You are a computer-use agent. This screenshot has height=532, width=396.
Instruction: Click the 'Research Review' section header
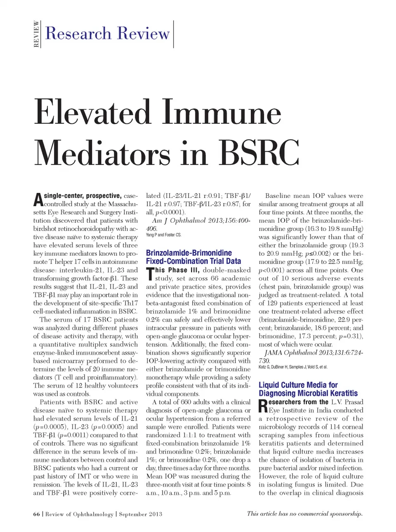click(x=107, y=33)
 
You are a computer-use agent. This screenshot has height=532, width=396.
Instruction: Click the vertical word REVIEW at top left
click(x=36, y=34)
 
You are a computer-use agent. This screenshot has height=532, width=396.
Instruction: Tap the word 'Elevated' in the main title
click(x=92, y=112)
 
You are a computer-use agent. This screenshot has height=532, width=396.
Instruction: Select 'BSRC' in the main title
click(x=259, y=153)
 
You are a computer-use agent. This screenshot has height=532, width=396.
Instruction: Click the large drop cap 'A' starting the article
click(x=38, y=200)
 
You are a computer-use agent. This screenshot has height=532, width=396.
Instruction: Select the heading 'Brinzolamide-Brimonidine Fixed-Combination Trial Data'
click(x=193, y=257)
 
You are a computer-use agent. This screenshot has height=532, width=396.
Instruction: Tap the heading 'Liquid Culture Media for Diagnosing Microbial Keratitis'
click(x=308, y=389)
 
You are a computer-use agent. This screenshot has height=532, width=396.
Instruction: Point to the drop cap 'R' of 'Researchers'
click(x=263, y=406)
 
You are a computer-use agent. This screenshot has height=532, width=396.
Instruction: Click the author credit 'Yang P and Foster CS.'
click(x=163, y=235)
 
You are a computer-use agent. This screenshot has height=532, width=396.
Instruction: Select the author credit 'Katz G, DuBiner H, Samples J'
click(x=293, y=367)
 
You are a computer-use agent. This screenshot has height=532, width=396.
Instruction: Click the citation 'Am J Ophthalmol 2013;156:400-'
click(x=201, y=221)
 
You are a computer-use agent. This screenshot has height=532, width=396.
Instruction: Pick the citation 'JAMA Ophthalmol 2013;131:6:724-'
click(x=313, y=353)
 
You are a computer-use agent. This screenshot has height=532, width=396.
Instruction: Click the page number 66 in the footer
click(x=36, y=514)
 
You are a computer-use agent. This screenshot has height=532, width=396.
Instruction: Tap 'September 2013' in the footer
click(x=140, y=514)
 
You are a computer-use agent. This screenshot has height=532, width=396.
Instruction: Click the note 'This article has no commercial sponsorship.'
click(x=304, y=513)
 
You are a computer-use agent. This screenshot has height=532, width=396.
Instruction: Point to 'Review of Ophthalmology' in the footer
click(x=79, y=514)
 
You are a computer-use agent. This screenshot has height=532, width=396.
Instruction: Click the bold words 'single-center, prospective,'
click(x=82, y=196)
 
